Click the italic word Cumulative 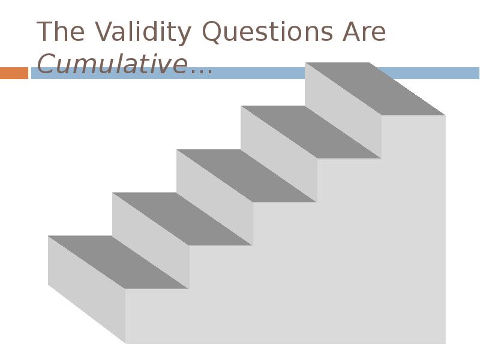[112, 64]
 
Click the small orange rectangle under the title [14, 73]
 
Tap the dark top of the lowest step [118, 262]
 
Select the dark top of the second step [182, 219]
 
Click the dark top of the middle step [247, 176]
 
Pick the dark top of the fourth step [311, 133]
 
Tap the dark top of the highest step [375, 89]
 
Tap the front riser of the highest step [343, 110]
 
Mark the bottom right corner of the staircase [445, 343]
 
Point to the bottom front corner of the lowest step [125, 343]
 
